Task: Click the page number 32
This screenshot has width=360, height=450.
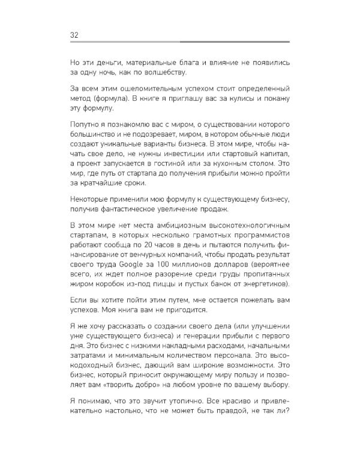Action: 74,34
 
